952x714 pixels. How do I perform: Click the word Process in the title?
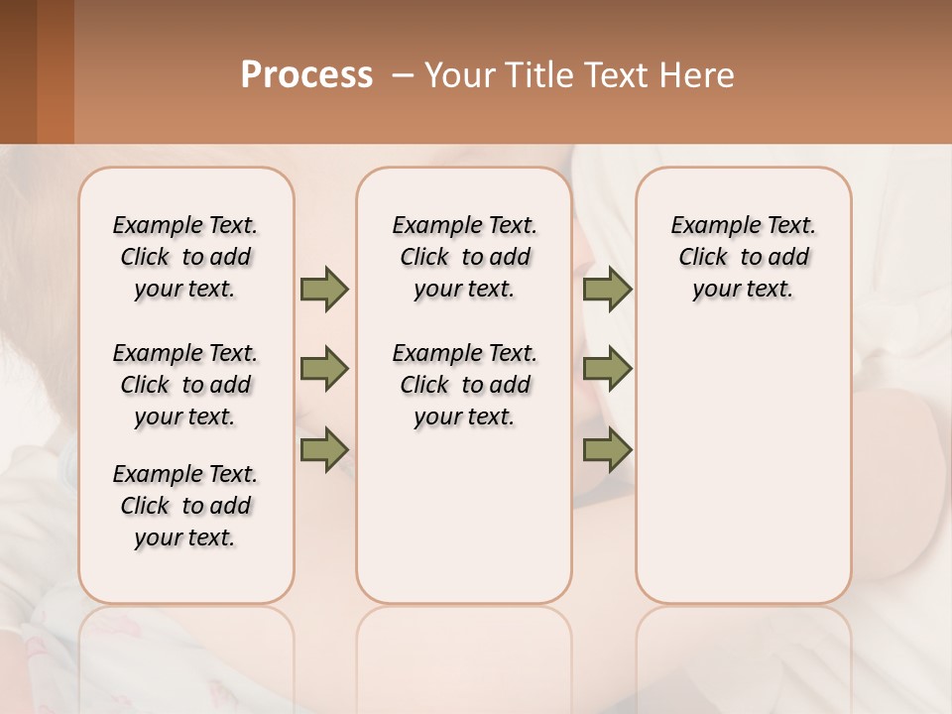point(306,75)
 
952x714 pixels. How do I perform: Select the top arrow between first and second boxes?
point(324,290)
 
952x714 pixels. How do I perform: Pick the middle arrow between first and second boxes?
point(324,369)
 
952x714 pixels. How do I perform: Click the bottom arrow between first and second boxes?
point(324,449)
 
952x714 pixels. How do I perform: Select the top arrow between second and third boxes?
point(607,290)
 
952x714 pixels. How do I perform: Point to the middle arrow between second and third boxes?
point(607,369)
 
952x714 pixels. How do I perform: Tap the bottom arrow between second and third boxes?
point(607,449)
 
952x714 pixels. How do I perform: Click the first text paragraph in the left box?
point(185,257)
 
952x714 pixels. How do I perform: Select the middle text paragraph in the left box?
point(185,385)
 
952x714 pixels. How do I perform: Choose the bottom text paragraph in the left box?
point(185,506)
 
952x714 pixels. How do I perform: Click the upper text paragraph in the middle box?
point(464,257)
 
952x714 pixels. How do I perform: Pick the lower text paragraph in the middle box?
point(464,385)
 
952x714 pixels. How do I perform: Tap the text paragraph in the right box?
point(743,257)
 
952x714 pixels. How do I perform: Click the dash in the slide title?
point(403,75)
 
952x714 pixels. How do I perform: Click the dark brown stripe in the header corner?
point(18,71)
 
